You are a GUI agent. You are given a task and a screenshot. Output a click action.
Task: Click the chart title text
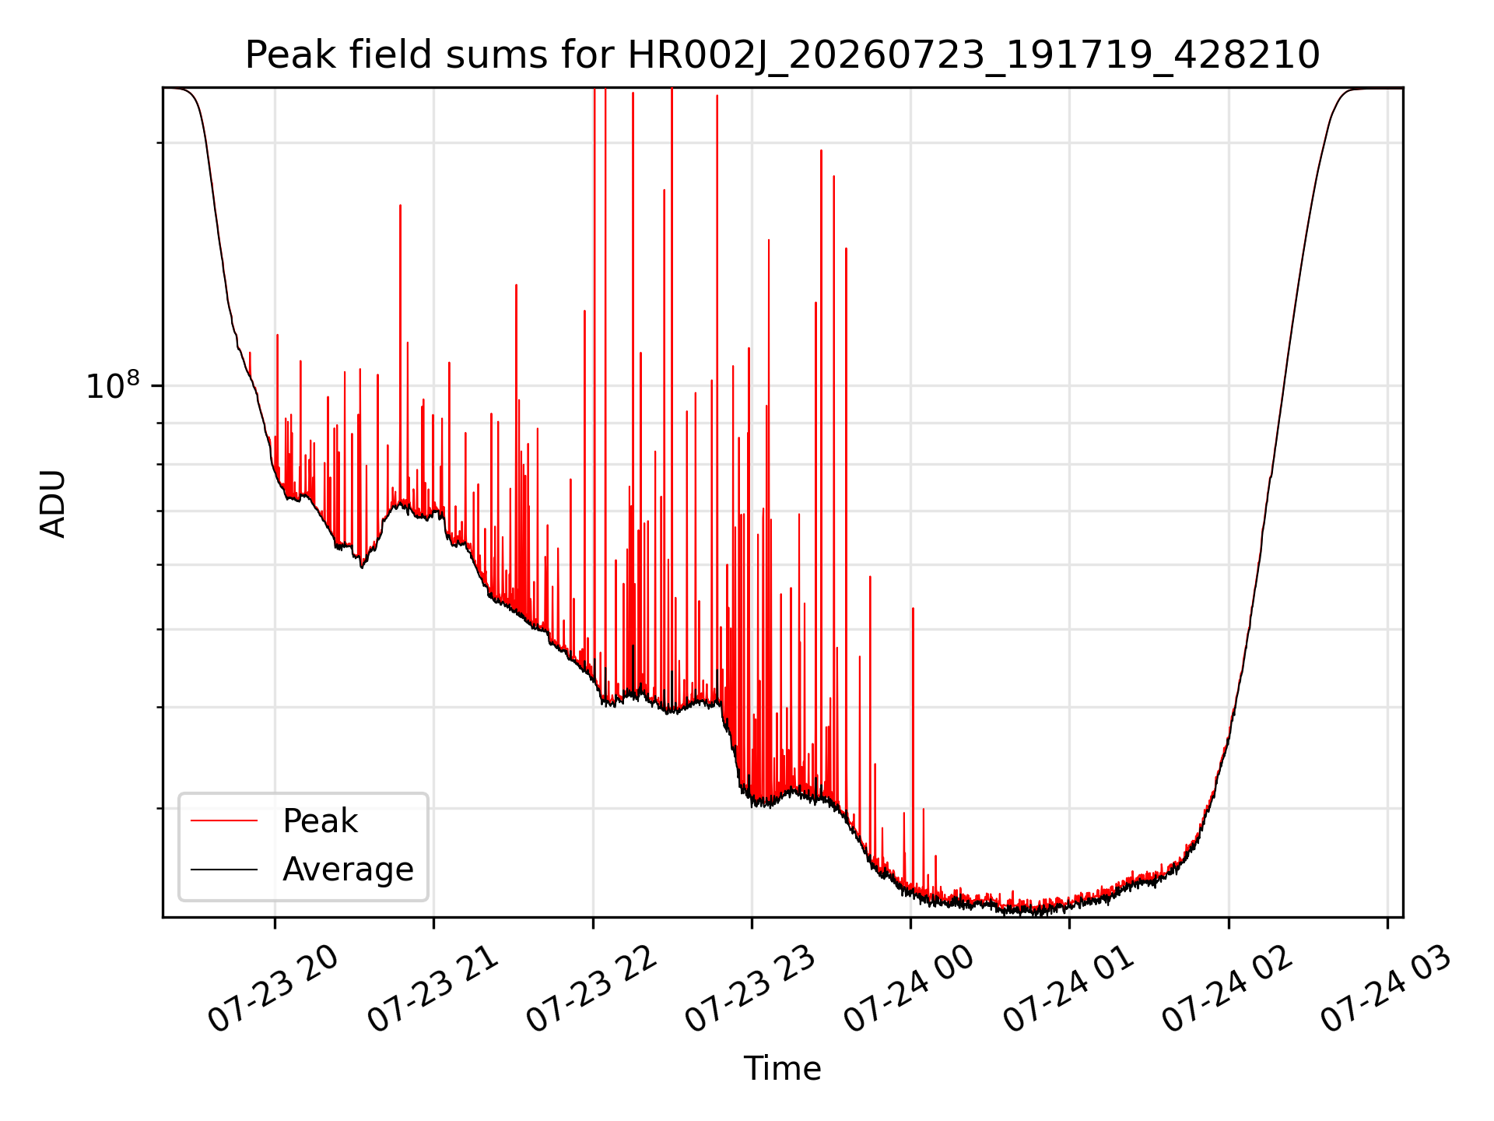pos(782,55)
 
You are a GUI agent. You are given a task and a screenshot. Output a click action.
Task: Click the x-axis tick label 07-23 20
pos(273,989)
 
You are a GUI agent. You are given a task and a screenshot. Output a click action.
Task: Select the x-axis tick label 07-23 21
pos(432,989)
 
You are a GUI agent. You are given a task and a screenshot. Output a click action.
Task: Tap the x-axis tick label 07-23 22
pos(591,989)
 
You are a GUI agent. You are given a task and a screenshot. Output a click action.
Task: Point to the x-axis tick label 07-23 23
pos(750,989)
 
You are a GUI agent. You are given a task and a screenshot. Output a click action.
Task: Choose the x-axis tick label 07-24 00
pos(909,989)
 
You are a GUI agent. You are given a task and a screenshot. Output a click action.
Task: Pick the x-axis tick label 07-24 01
pos(1068,989)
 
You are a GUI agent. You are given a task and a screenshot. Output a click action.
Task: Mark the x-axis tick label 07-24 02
pos(1227,989)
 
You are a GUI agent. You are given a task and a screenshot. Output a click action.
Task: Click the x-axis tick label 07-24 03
pos(1386,989)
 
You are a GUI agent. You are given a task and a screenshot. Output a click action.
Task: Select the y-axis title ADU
pos(53,504)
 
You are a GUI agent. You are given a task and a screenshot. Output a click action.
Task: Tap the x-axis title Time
pos(782,1069)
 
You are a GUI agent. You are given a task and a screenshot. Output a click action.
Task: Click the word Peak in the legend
pos(320,821)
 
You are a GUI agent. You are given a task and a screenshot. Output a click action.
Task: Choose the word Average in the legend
pos(348,870)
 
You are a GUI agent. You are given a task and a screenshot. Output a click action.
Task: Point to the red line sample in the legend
pos(224,821)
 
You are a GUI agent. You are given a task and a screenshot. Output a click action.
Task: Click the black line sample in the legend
pos(224,869)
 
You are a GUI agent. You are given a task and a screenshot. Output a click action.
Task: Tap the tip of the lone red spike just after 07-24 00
pos(913,609)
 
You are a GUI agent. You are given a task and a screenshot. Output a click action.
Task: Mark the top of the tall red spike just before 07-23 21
pos(400,206)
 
